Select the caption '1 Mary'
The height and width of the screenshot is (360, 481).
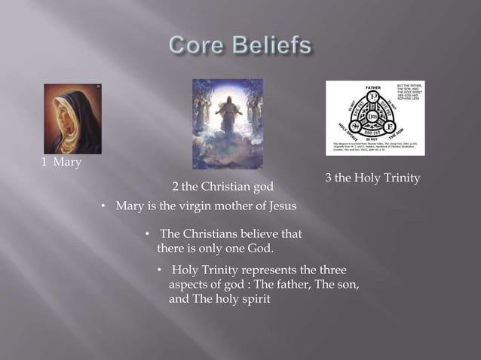pos(61,163)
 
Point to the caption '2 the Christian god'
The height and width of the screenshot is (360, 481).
pos(222,186)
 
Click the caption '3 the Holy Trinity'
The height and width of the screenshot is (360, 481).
pos(372,178)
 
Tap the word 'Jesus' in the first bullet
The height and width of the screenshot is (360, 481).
pos(281,206)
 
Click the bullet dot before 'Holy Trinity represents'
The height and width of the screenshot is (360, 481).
pos(159,270)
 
